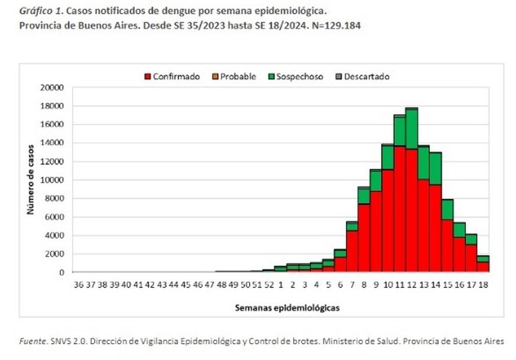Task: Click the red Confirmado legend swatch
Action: click(148, 77)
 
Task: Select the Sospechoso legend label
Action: click(300, 77)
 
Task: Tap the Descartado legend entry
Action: click(366, 77)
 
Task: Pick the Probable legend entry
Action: click(238, 77)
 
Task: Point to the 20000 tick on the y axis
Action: click(52, 88)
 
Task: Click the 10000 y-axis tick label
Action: click(52, 180)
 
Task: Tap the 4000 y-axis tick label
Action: click(54, 236)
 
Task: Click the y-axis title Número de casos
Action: click(30, 180)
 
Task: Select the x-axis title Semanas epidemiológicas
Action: click(287, 308)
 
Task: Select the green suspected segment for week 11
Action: click(400, 131)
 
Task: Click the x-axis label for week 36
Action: click(79, 284)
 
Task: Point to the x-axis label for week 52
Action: click(269, 284)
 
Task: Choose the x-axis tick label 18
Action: click(483, 284)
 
